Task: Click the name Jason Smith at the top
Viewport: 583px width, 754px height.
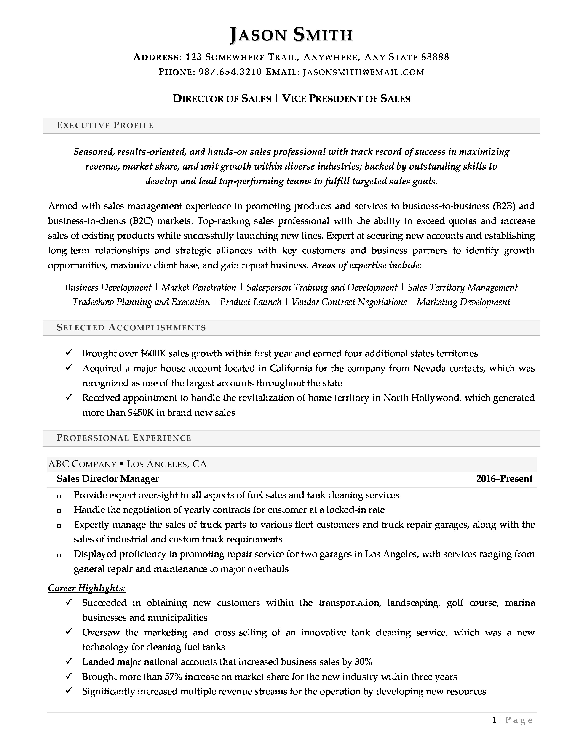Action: pyautogui.click(x=291, y=35)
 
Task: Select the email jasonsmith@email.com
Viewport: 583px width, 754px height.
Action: pyautogui.click(x=363, y=72)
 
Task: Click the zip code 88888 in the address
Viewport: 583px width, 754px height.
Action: pyautogui.click(x=435, y=57)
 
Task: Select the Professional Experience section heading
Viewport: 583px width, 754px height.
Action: pyautogui.click(x=124, y=438)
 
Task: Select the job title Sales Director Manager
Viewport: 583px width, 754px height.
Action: pyautogui.click(x=107, y=478)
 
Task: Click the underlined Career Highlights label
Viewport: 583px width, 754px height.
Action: pyautogui.click(x=87, y=588)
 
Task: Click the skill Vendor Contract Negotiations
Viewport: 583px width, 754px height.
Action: pyautogui.click(x=349, y=302)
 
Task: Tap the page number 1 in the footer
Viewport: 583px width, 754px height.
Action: pyautogui.click(x=495, y=720)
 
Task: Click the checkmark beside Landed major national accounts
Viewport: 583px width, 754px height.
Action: pyautogui.click(x=69, y=661)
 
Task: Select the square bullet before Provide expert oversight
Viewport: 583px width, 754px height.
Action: pyautogui.click(x=59, y=496)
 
